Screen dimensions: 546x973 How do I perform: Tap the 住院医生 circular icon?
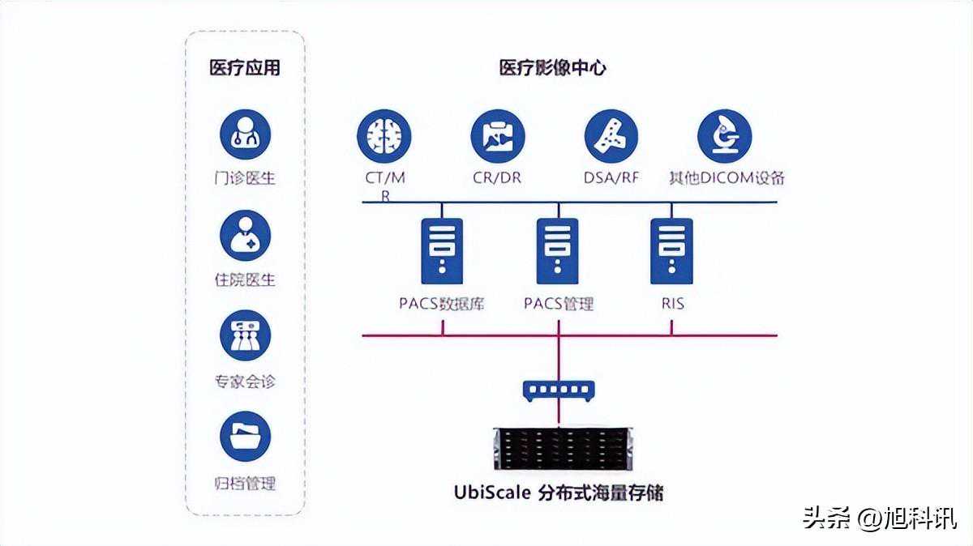click(245, 236)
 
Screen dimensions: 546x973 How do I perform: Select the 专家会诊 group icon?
click(245, 336)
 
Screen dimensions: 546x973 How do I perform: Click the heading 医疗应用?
click(245, 68)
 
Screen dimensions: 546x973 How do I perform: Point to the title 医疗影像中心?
click(552, 68)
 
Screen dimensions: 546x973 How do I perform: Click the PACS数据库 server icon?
click(442, 251)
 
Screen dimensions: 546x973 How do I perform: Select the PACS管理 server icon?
click(558, 251)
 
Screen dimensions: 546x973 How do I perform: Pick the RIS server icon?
click(671, 251)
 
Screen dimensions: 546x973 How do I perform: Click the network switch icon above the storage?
click(558, 392)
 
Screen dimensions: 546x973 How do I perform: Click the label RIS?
click(672, 304)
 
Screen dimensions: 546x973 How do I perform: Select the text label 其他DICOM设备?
click(726, 177)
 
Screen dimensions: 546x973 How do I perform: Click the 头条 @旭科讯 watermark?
click(880, 517)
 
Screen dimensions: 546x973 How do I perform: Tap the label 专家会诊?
click(245, 382)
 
